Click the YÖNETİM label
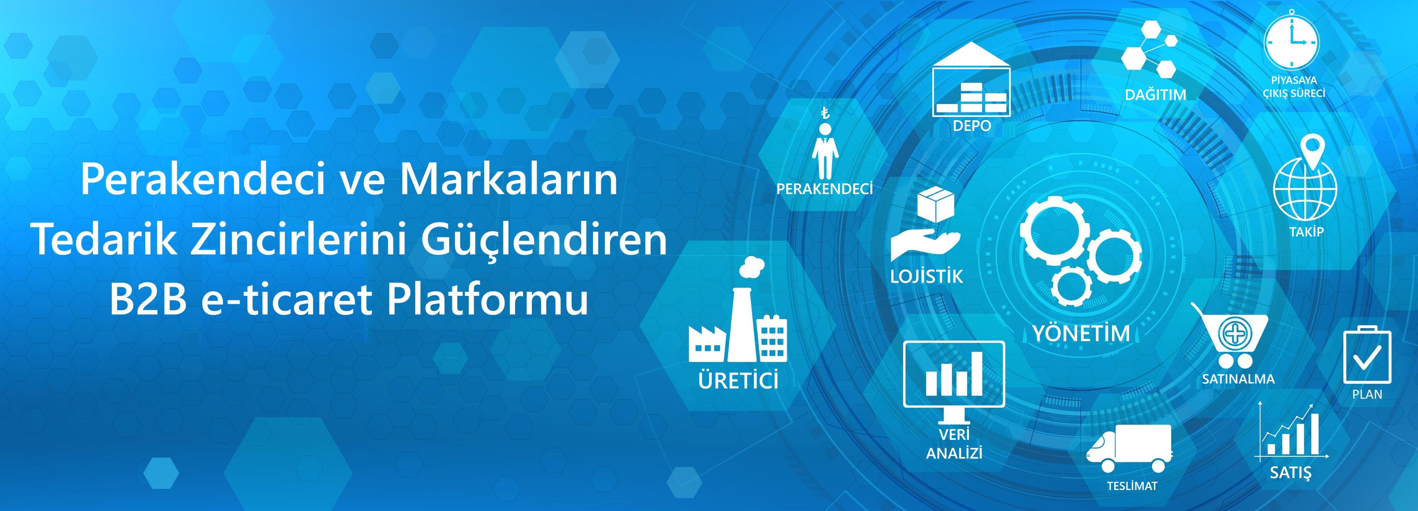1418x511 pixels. pos(1081,333)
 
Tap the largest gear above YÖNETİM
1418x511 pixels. pos(1054,231)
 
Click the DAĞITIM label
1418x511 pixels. pos(1155,94)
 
